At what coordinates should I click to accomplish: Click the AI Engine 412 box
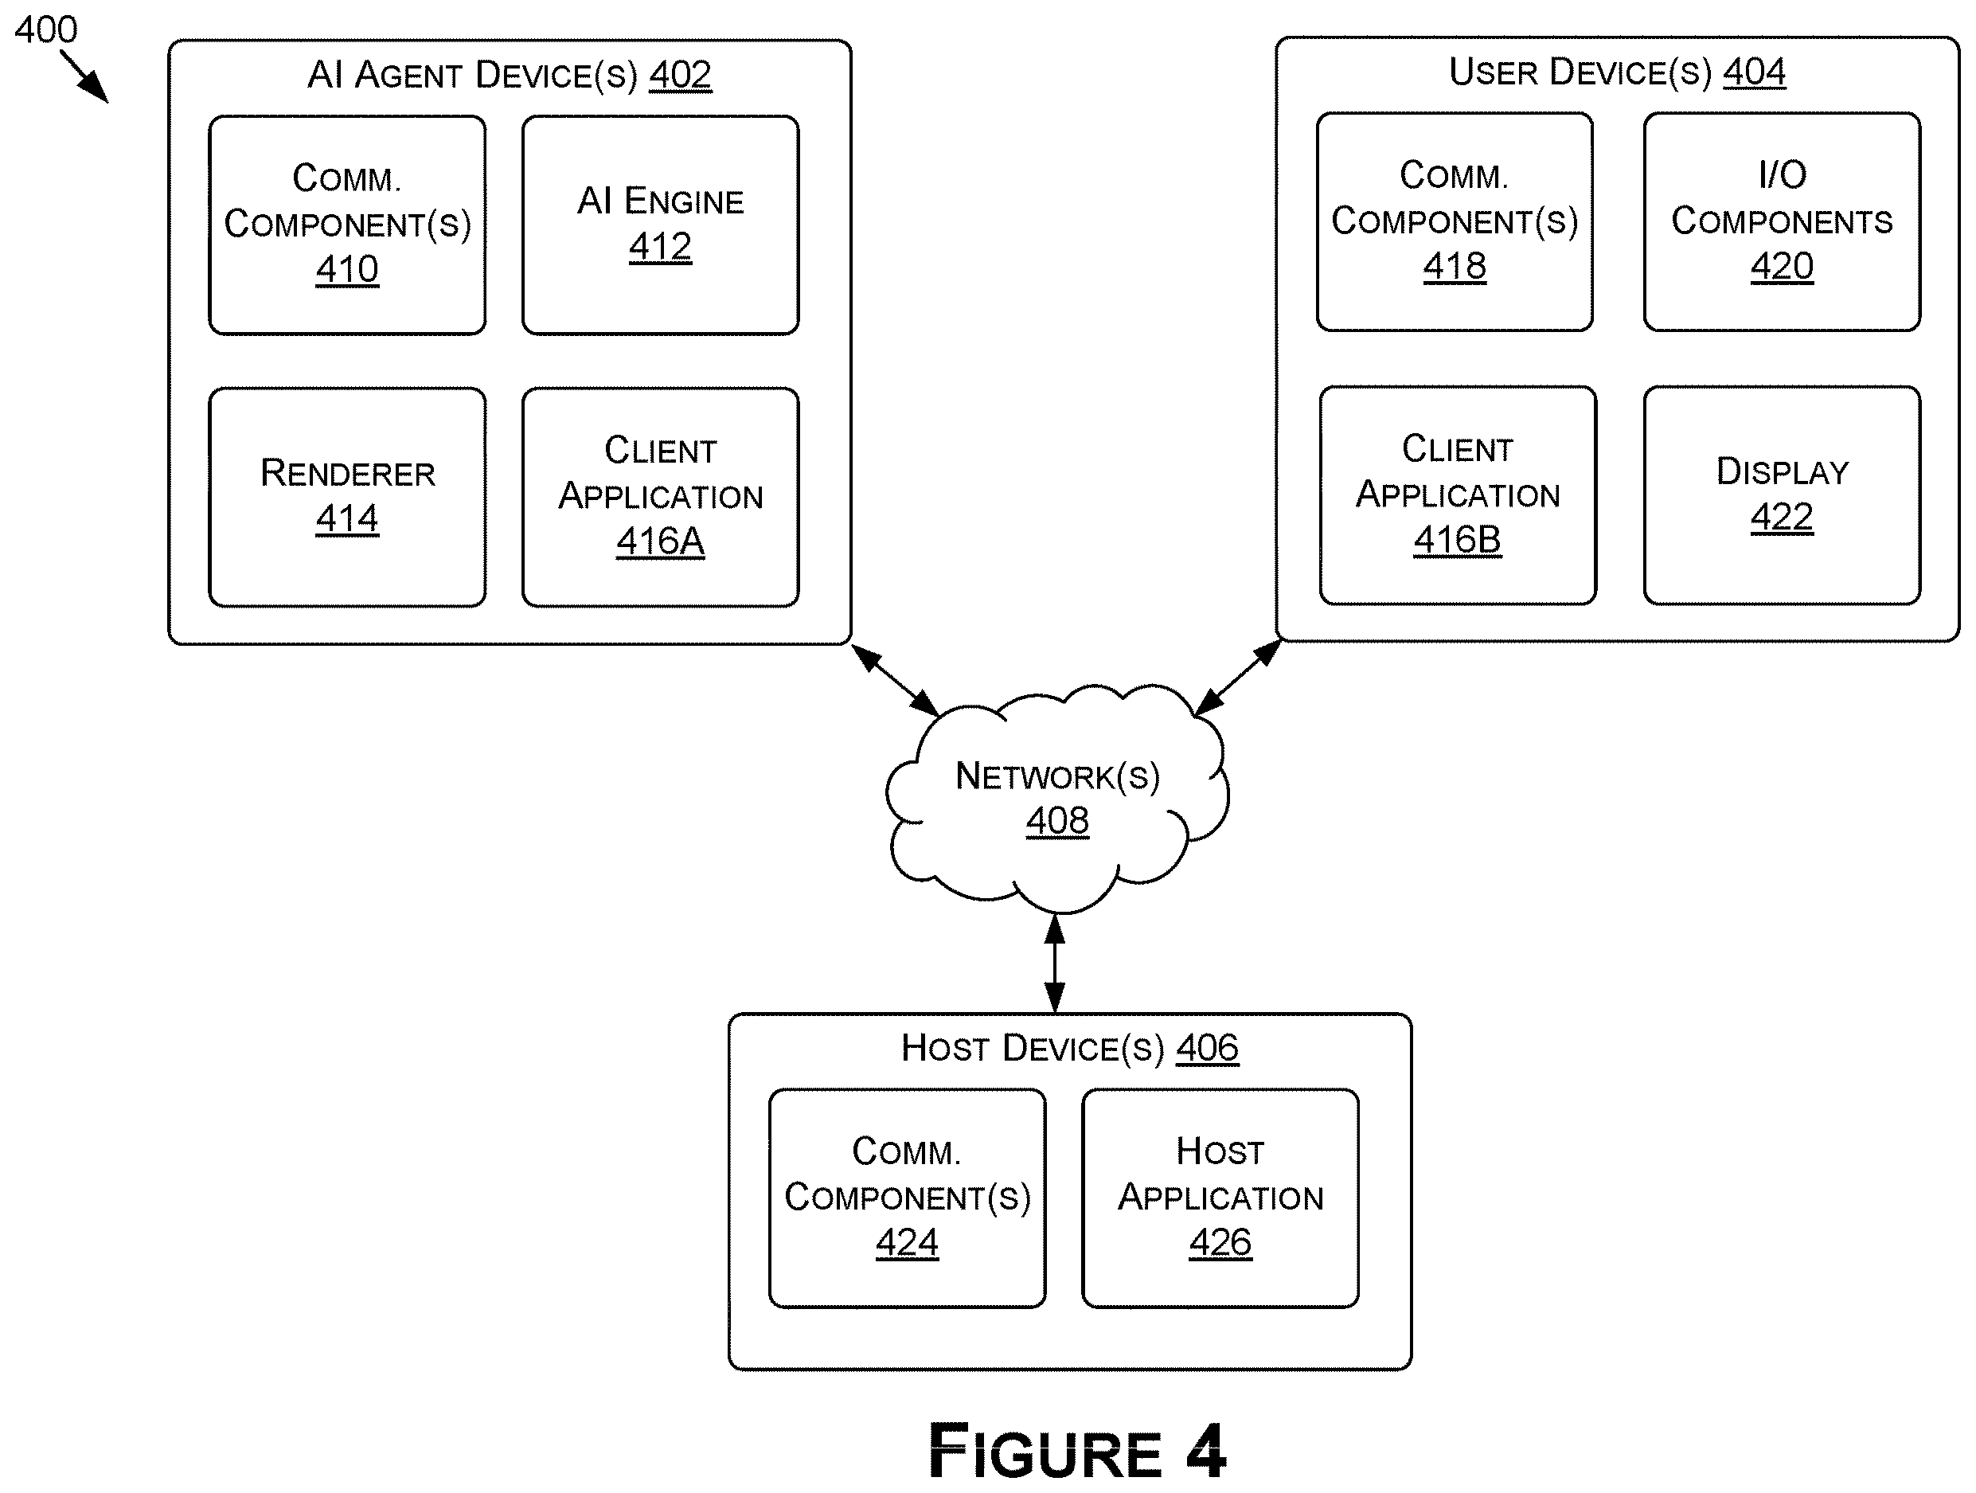click(660, 225)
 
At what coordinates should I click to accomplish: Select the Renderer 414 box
click(347, 498)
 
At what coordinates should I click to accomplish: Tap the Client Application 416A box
click(660, 498)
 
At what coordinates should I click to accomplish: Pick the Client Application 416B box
click(1458, 495)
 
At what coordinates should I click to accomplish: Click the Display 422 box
click(1783, 495)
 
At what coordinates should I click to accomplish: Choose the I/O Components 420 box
click(1783, 221)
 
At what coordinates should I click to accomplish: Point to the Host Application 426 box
click(1220, 1198)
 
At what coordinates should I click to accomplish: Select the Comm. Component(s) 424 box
click(908, 1198)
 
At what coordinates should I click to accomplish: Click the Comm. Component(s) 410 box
click(347, 225)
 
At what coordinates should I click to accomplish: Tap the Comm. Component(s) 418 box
click(1455, 221)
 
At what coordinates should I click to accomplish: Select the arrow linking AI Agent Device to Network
click(895, 680)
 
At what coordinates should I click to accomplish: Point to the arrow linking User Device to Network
click(1238, 678)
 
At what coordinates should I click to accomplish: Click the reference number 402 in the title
click(680, 75)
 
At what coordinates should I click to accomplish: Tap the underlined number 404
click(1755, 72)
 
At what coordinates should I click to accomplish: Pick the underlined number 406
click(1207, 1048)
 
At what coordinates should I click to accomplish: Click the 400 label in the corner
click(46, 30)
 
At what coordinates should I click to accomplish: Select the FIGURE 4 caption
click(1077, 1452)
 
